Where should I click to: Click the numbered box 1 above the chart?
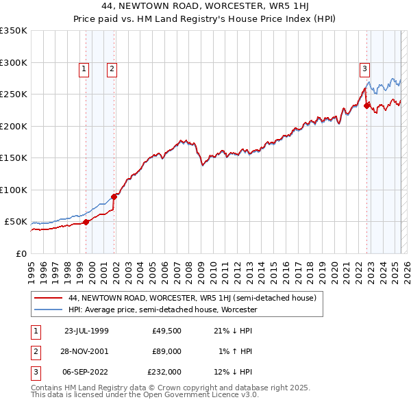83,68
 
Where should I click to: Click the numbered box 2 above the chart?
111,68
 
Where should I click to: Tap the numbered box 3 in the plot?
364,68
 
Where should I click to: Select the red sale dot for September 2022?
367,105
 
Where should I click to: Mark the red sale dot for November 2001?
114,197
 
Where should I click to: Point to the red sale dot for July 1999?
86,222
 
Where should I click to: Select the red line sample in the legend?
48,298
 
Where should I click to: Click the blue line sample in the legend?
48,310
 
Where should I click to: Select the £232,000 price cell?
165,373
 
